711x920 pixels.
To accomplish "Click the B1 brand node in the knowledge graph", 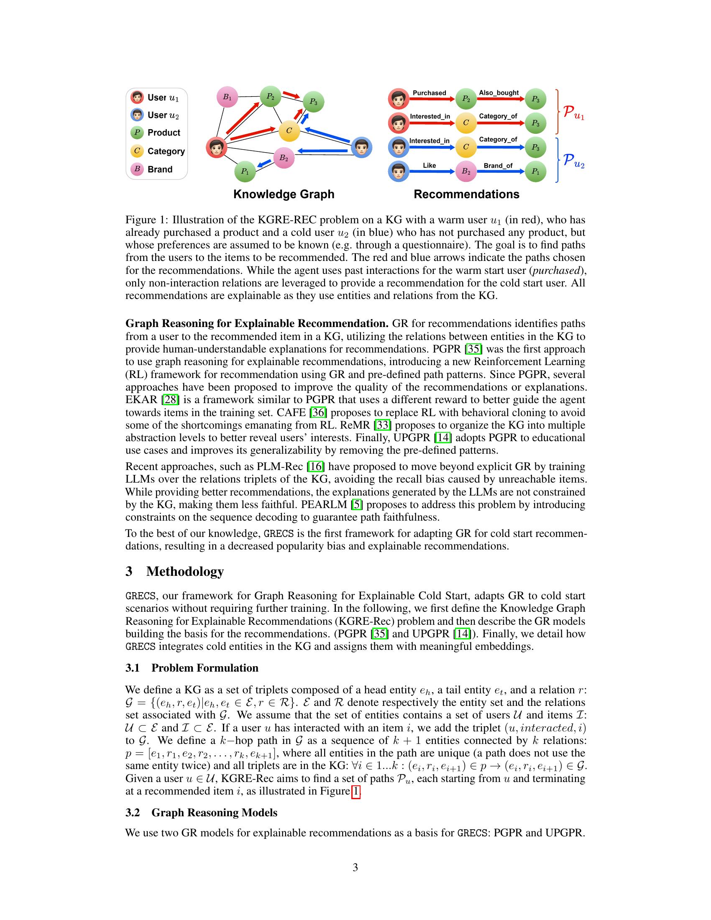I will click(227, 97).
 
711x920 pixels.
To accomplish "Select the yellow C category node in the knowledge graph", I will click(289, 130).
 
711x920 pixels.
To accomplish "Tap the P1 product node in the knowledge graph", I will click(245, 171).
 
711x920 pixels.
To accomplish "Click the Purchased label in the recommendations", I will click(429, 93).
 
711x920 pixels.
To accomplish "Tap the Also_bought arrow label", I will click(499, 93).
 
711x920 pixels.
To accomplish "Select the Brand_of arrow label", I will click(498, 166).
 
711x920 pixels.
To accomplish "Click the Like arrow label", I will click(429, 166).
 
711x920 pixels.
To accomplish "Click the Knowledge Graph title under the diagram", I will click(284, 194).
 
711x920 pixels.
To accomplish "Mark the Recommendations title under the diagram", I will click(466, 194).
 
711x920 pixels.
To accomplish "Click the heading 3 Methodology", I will click(174, 572).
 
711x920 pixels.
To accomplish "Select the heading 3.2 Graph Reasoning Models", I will click(201, 813).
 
